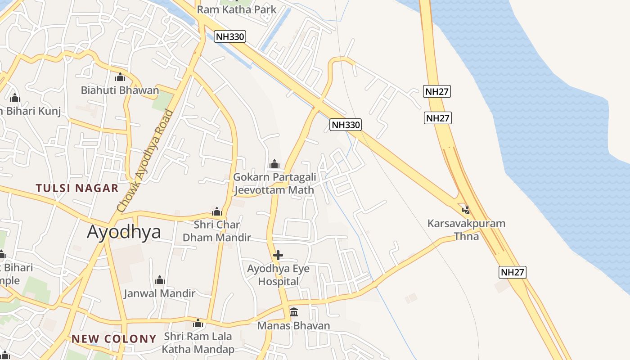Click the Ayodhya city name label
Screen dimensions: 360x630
pyautogui.click(x=124, y=232)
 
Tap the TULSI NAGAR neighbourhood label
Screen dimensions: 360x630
pyautogui.click(x=77, y=188)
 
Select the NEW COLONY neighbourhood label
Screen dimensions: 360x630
pyautogui.click(x=114, y=339)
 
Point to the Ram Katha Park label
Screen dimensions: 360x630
pyautogui.click(x=237, y=9)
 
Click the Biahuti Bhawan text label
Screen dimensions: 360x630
pyautogui.click(x=120, y=90)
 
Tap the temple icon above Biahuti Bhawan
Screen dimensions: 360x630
pyautogui.click(x=120, y=77)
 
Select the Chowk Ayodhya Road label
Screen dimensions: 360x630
pyautogui.click(x=144, y=161)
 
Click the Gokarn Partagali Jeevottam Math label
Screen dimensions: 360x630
pyautogui.click(x=274, y=184)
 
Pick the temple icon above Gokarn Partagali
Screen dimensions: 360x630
pyautogui.click(x=274, y=164)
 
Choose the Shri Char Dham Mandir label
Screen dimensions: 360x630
pyautogui.click(x=217, y=231)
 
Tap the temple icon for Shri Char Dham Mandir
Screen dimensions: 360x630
pyautogui.click(x=217, y=211)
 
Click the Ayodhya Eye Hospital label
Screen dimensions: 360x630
pyautogui.click(x=279, y=275)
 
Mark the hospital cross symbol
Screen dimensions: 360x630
pyautogui.click(x=278, y=256)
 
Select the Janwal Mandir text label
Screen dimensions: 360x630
pyautogui.click(x=159, y=293)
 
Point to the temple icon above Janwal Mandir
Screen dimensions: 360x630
pyautogui.click(x=160, y=280)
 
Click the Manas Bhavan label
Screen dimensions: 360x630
pyautogui.click(x=293, y=325)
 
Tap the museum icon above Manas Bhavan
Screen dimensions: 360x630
pyautogui.click(x=294, y=312)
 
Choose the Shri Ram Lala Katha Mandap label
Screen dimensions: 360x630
pyautogui.click(x=198, y=342)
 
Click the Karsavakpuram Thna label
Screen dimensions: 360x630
pyautogui.click(x=467, y=229)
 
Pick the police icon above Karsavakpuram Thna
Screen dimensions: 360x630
pyautogui.click(x=466, y=210)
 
